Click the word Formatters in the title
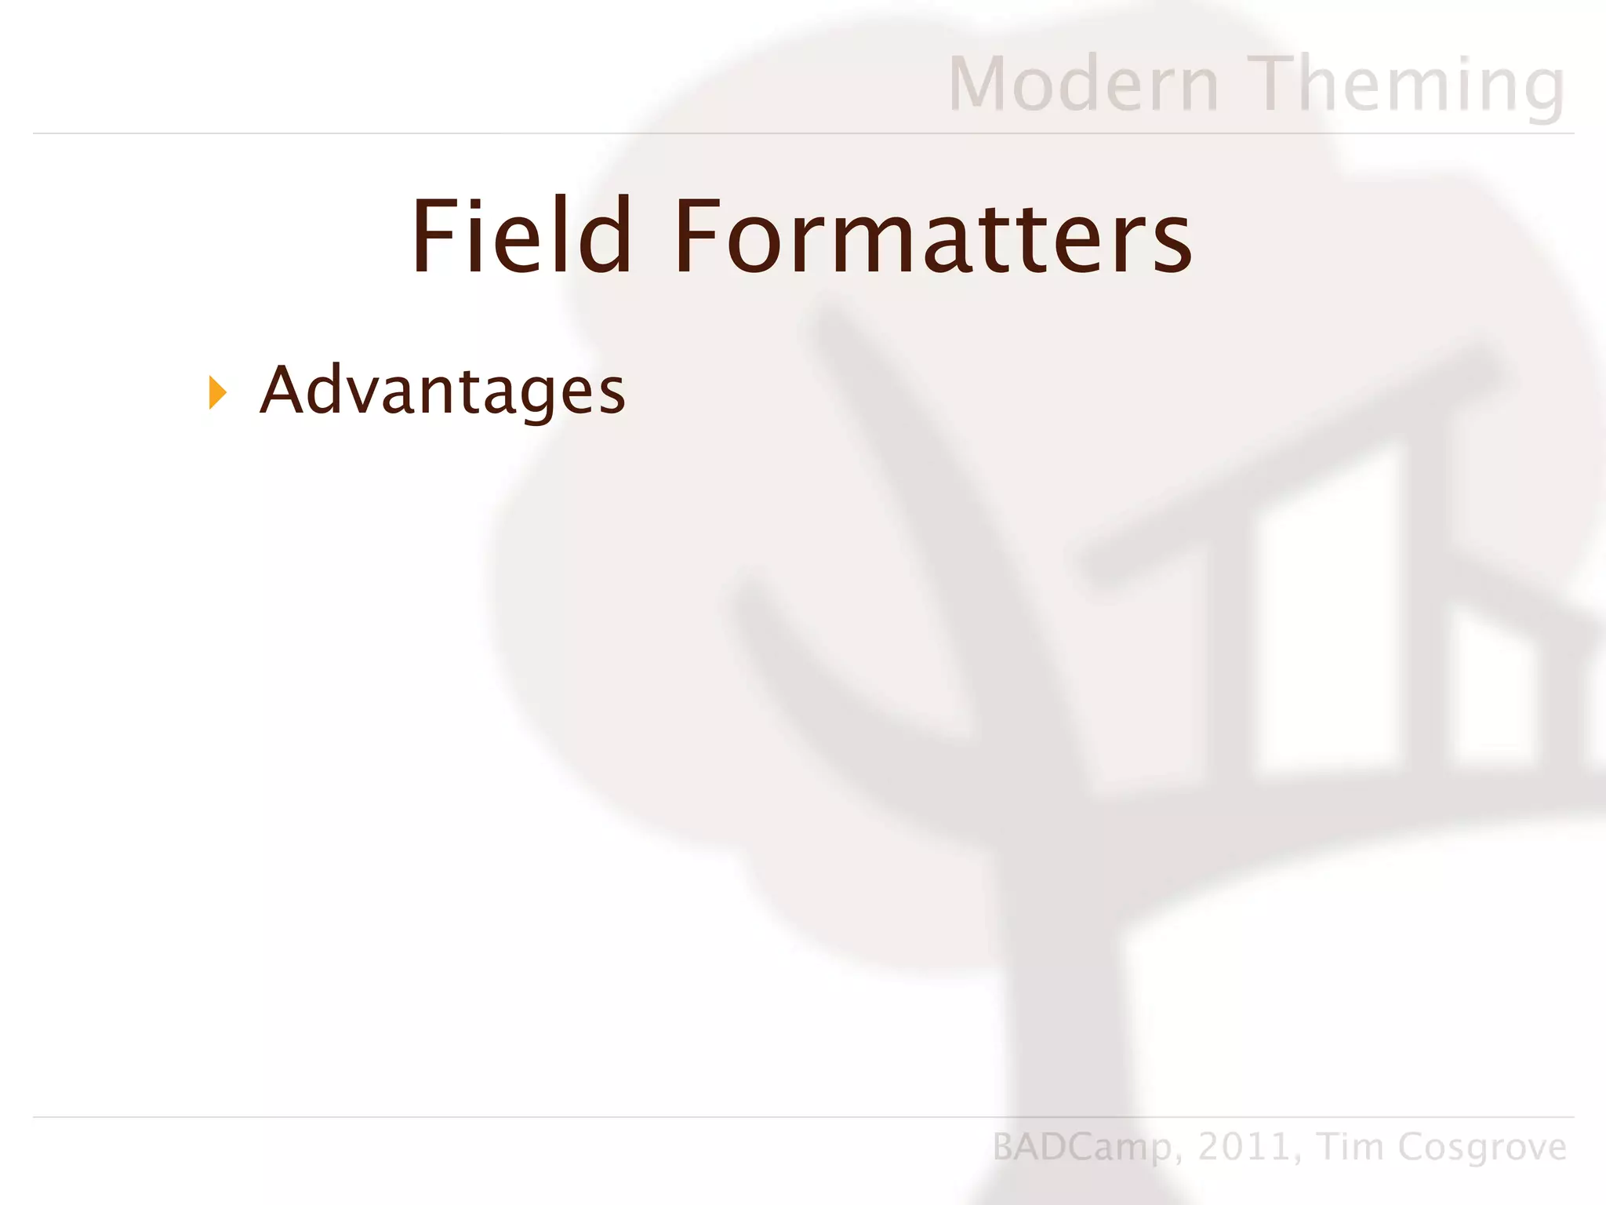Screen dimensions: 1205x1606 click(932, 237)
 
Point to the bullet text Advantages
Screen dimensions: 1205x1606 click(442, 390)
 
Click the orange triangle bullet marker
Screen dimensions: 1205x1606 click(217, 392)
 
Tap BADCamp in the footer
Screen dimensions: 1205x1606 click(1082, 1147)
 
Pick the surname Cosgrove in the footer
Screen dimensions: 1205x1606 click(1482, 1147)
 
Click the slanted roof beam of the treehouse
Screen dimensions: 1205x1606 click(1286, 463)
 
